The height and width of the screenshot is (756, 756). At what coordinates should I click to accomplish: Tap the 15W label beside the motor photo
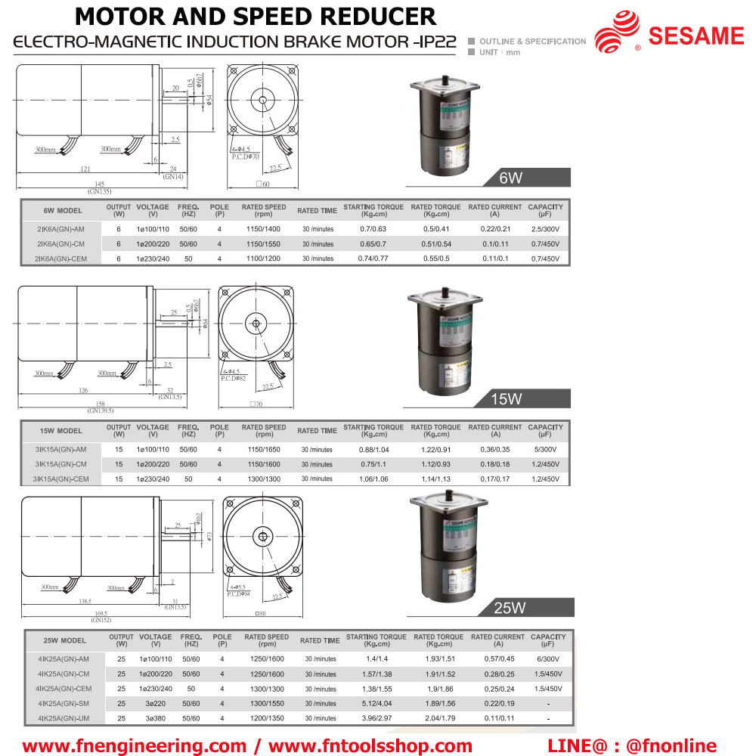tap(507, 398)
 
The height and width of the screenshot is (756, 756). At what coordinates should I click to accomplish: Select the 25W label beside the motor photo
tap(510, 607)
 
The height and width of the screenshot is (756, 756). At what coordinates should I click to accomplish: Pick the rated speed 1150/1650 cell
tap(263, 449)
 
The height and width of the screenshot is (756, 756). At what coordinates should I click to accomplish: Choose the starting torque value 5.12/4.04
tap(376, 703)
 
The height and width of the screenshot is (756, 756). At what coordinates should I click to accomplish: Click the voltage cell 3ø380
tap(155, 717)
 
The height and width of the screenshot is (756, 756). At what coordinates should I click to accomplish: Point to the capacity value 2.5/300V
tap(544, 229)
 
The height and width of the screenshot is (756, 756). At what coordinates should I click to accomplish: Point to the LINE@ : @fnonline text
tap(631, 745)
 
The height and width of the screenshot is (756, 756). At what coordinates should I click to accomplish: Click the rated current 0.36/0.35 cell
tap(494, 449)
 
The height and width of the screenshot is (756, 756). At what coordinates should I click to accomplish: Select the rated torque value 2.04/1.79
tap(438, 717)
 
